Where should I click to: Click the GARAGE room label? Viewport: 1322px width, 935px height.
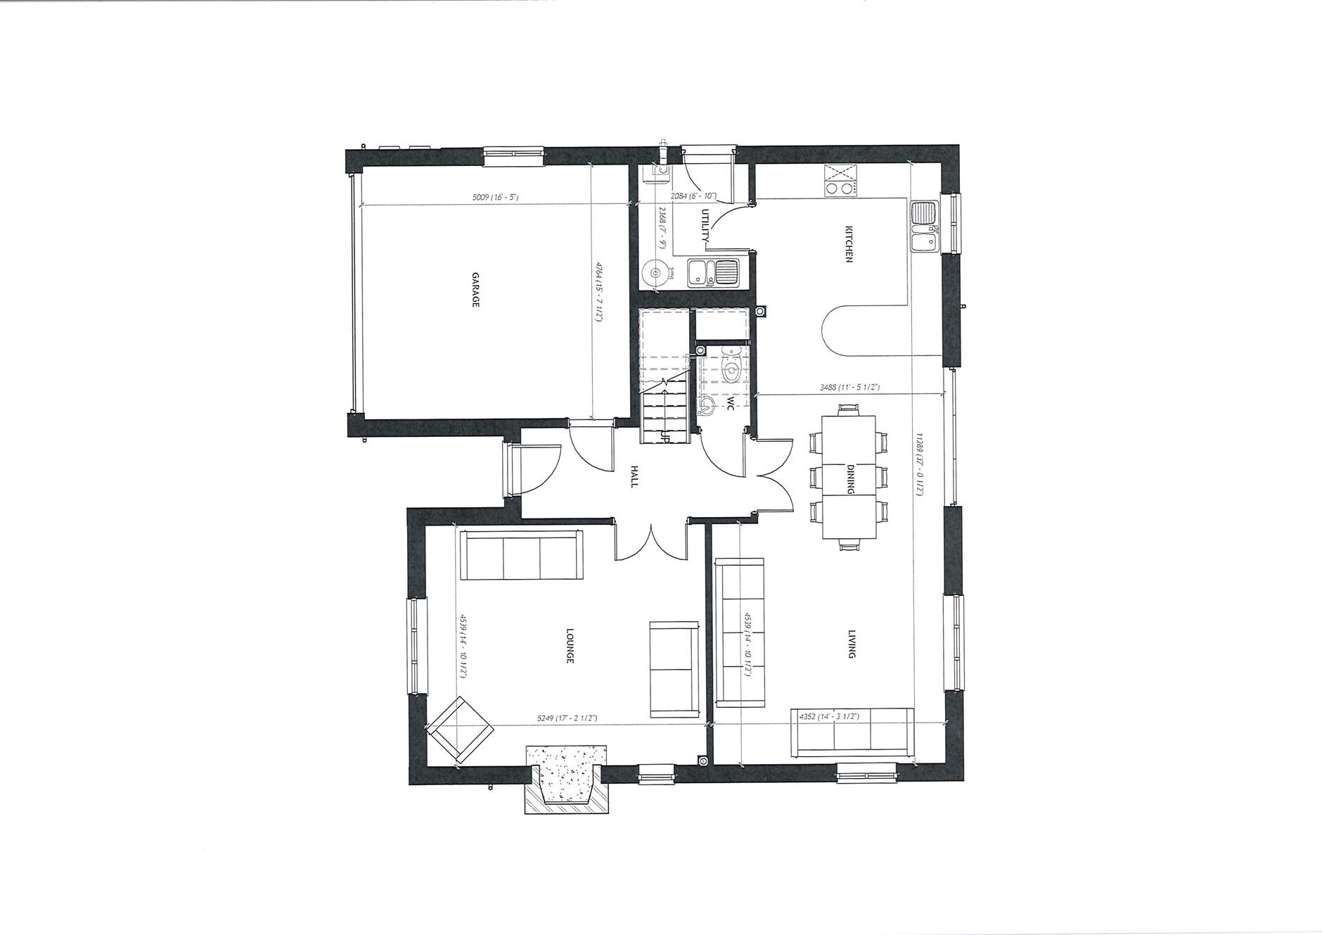(x=475, y=289)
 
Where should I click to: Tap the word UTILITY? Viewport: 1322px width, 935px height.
(x=706, y=226)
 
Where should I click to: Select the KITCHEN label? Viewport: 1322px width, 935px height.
(x=849, y=244)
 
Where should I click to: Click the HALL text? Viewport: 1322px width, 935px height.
(x=634, y=476)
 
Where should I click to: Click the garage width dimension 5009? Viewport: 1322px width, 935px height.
(x=495, y=198)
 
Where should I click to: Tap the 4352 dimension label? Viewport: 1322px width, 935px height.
(x=829, y=716)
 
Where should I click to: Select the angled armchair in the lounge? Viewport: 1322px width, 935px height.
(x=460, y=730)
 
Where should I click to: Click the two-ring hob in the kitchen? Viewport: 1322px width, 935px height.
(x=841, y=188)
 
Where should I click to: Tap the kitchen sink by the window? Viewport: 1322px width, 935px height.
(x=923, y=227)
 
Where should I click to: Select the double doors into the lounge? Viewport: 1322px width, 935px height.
(x=651, y=540)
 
